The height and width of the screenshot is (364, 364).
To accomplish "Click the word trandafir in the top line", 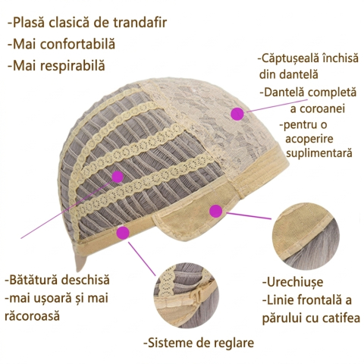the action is tap(140, 23).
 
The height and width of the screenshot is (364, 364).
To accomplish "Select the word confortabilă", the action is tap(77, 44).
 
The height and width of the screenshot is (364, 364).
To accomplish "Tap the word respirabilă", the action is tap(72, 66).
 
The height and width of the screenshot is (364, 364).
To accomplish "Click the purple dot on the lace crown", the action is tap(237, 114).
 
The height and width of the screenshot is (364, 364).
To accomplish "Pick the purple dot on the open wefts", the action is tap(118, 177).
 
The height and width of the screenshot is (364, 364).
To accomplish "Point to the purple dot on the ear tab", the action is tap(216, 211).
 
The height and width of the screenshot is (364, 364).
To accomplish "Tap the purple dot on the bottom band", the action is tap(124, 233).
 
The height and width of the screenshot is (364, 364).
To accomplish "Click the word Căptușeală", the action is tap(290, 58).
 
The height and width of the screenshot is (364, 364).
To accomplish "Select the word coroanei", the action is tap(318, 108).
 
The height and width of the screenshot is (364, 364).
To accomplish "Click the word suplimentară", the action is tap(319, 153).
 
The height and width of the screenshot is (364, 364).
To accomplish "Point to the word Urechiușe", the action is tap(295, 282).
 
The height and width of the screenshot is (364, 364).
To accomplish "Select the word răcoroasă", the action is tap(32, 316).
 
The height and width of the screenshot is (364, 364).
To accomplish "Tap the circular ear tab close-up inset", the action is tap(306, 237).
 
